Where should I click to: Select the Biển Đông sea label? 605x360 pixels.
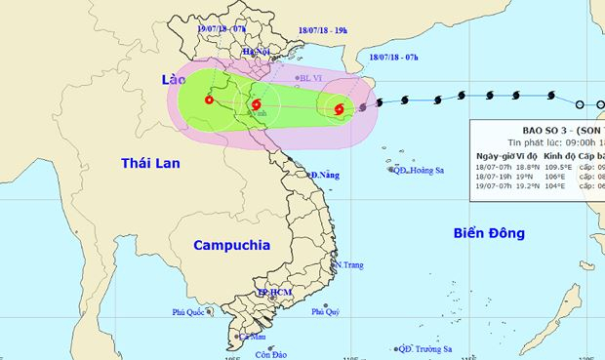[x=489, y=232]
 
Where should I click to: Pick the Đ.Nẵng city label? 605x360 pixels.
[x=325, y=176]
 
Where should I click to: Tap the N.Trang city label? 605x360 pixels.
[x=349, y=264]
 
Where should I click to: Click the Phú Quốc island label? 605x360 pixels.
[x=192, y=312]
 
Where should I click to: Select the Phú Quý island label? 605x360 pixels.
[x=325, y=312]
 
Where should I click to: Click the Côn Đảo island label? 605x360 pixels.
[x=275, y=353]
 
